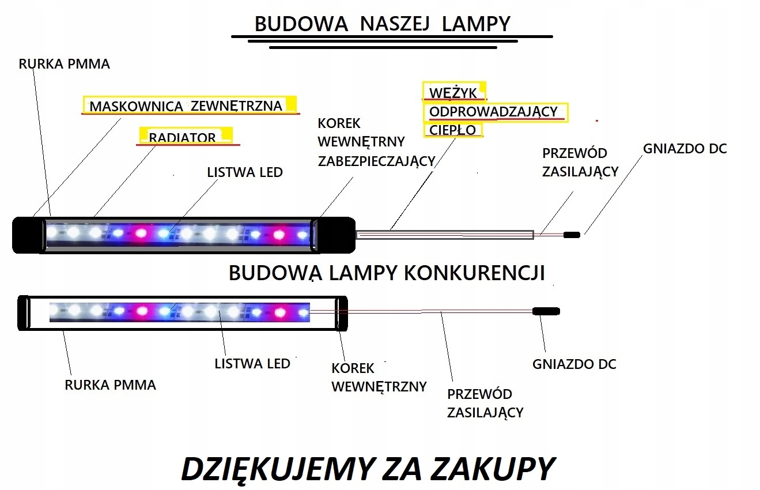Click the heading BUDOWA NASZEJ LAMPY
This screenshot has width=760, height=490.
(383, 24)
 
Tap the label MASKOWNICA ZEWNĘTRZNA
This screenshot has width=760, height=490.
(186, 106)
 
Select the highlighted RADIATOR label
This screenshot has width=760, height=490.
(182, 138)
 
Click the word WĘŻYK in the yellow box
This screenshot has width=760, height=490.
(453, 93)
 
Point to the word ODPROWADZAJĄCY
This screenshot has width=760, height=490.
(494, 112)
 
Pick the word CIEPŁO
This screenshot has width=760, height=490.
(453, 130)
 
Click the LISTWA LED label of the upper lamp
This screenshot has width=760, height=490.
(245, 172)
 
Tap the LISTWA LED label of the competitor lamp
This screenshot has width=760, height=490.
(252, 364)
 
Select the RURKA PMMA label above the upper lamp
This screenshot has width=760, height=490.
(64, 64)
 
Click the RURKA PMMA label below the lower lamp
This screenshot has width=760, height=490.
(111, 385)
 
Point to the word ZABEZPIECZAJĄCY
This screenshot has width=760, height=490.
(376, 161)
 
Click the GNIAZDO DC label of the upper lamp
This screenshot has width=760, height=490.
(685, 149)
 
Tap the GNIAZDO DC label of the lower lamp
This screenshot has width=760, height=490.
(574, 364)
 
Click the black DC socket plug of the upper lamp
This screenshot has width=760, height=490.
(572, 235)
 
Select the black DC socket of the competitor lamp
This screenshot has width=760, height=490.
(546, 311)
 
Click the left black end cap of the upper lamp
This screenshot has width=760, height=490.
(28, 235)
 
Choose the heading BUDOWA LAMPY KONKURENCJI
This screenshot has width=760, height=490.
(387, 273)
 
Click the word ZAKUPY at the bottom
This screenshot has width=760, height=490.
(492, 469)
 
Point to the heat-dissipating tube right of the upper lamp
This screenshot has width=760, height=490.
(444, 234)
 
